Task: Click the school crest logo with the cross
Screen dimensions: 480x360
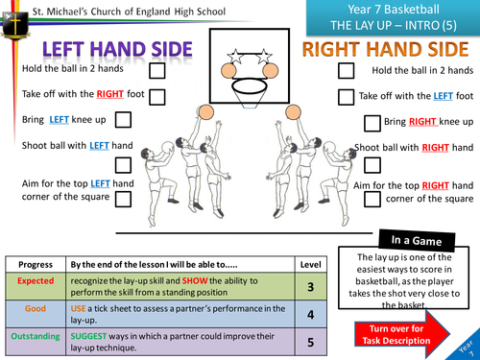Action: pyautogui.click(x=15, y=25)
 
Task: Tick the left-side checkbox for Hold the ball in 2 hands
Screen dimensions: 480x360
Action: pyautogui.click(x=157, y=71)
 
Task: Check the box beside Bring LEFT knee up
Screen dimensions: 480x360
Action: pyautogui.click(x=123, y=120)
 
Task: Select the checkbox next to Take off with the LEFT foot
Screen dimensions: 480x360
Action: pyautogui.click(x=346, y=97)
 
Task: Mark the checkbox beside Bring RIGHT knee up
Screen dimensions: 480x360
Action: pyautogui.click(x=372, y=124)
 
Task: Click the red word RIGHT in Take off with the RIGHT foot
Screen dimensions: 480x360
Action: pyautogui.click(x=109, y=94)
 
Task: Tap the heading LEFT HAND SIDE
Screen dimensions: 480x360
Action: pyautogui.click(x=117, y=50)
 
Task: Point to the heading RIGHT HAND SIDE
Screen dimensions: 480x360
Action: pyautogui.click(x=386, y=49)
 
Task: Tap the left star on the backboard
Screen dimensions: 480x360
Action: pyautogui.click(x=235, y=56)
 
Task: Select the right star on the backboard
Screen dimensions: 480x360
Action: pyautogui.click(x=264, y=56)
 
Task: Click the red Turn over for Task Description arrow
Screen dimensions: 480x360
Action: pyautogui.click(x=402, y=334)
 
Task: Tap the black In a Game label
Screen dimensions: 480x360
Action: pyautogui.click(x=417, y=240)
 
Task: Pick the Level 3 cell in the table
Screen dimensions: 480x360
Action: pyautogui.click(x=310, y=286)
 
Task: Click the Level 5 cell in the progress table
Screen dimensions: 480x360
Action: pyautogui.click(x=310, y=342)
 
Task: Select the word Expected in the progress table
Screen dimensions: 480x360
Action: pyautogui.click(x=36, y=281)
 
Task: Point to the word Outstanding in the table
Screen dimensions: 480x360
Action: pyautogui.click(x=36, y=336)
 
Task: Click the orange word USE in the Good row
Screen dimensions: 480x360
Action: pyautogui.click(x=78, y=308)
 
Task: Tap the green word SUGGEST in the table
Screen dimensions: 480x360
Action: pyautogui.click(x=88, y=336)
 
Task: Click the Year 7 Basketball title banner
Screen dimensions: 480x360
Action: pyautogui.click(x=393, y=17)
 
